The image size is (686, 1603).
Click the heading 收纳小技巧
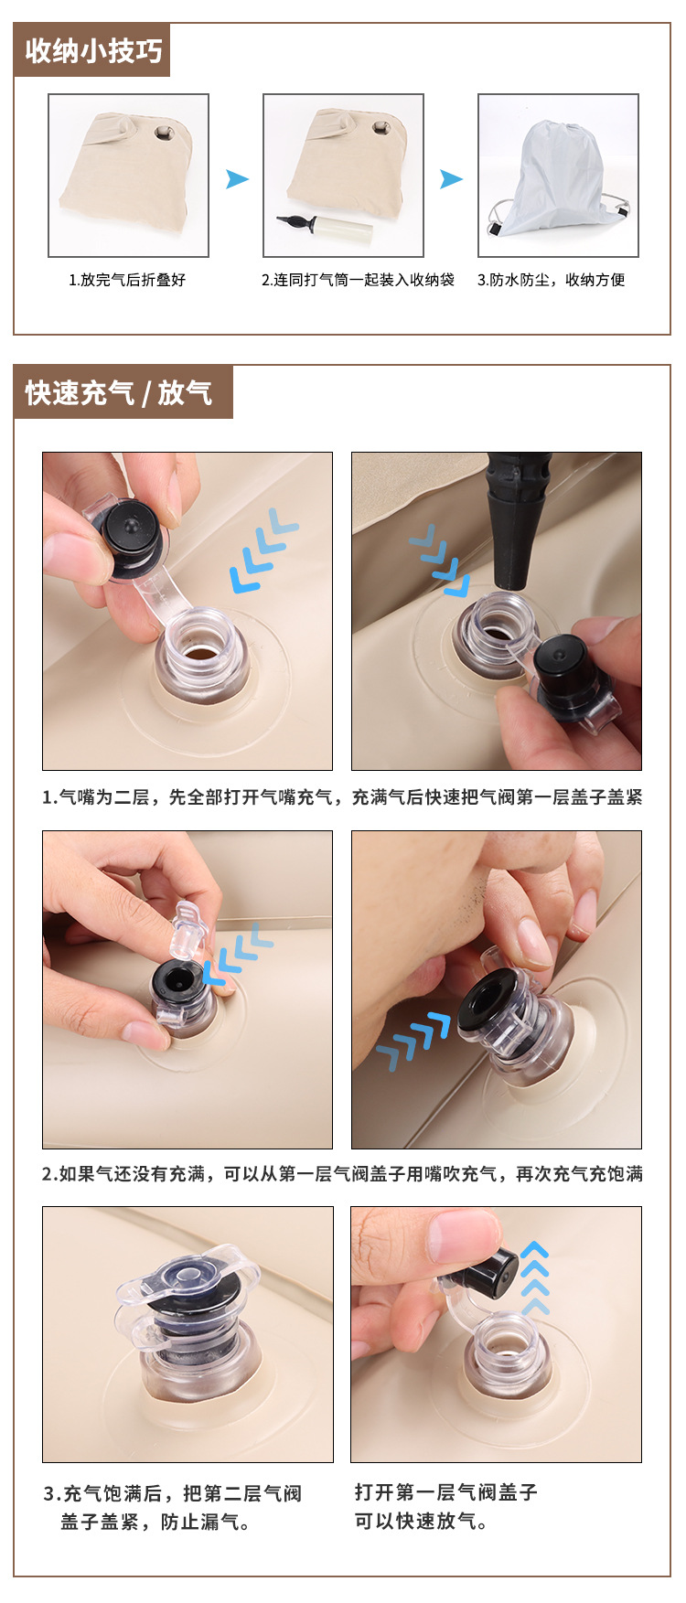(x=93, y=50)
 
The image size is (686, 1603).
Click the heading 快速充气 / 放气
(x=119, y=393)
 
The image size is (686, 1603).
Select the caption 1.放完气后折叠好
(x=127, y=280)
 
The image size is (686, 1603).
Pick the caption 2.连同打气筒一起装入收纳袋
(x=358, y=280)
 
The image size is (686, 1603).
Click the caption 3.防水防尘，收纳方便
(x=552, y=280)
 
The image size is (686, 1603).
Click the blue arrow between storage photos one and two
(x=238, y=179)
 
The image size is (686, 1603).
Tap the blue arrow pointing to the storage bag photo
(x=452, y=179)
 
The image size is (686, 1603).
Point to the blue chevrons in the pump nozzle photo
(x=440, y=559)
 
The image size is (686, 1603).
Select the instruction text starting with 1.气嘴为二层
(x=342, y=797)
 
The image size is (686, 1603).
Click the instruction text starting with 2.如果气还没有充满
(x=342, y=1173)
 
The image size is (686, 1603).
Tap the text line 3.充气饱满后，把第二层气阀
(x=172, y=1493)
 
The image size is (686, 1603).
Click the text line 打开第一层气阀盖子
(x=446, y=1492)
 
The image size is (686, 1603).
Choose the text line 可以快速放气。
(x=422, y=1522)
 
